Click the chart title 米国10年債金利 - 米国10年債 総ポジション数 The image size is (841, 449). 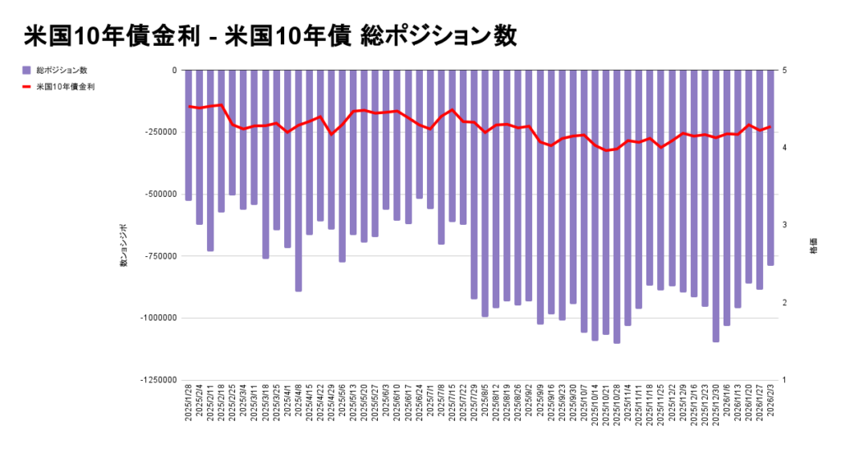coord(270,35)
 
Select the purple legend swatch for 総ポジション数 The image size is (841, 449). coord(27,71)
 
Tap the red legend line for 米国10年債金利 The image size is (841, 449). coord(27,86)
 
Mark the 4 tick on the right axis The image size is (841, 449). coord(785,148)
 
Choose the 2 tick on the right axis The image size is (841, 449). coord(785,303)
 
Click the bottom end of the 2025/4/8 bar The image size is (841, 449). coord(299,291)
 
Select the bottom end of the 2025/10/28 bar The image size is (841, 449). coord(617,342)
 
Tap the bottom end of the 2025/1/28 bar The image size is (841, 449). coord(189,199)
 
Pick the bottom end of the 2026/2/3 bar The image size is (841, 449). coord(770,264)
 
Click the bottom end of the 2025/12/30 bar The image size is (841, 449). coord(716,341)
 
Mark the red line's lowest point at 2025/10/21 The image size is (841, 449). coord(606,150)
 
